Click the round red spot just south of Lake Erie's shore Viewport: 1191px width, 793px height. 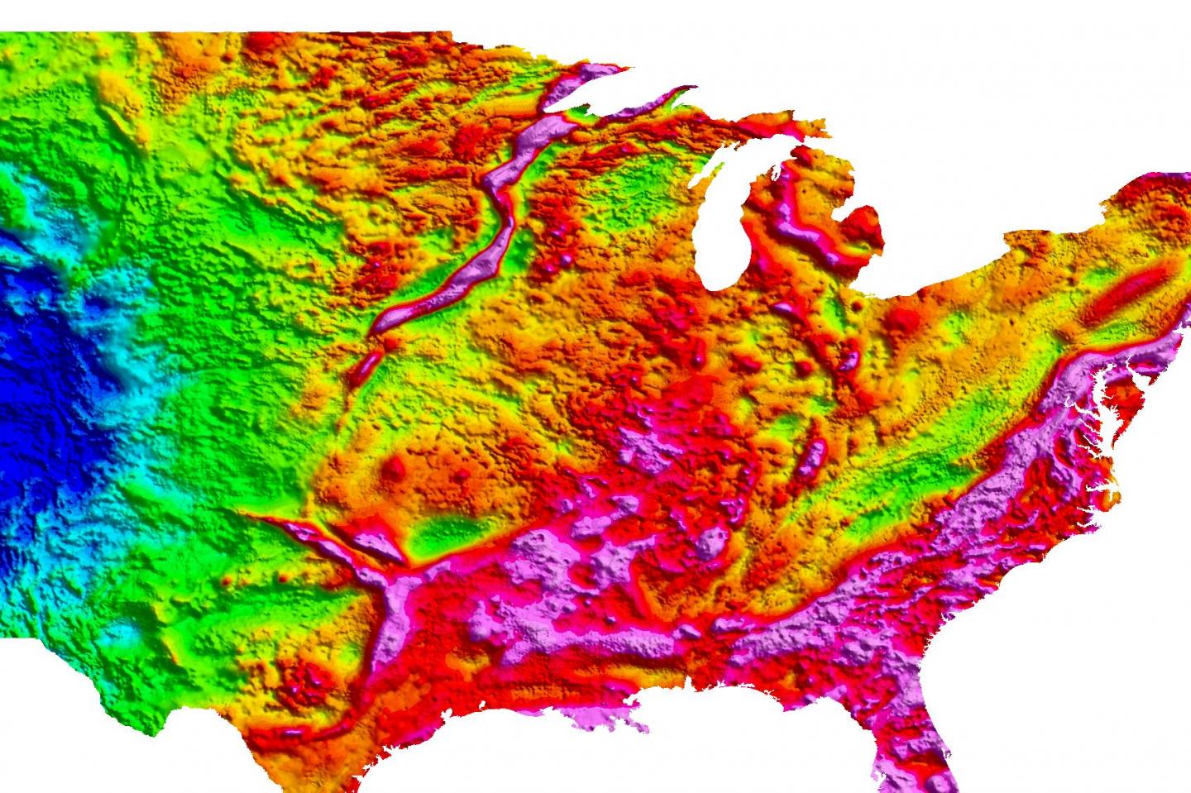(x=906, y=318)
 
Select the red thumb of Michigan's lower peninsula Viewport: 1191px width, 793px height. (x=864, y=223)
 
